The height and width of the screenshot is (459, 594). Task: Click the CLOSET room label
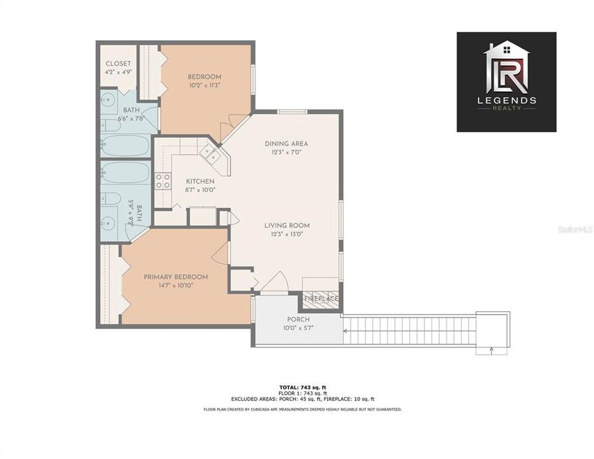click(118, 64)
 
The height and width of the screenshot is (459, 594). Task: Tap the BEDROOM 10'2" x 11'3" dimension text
click(205, 85)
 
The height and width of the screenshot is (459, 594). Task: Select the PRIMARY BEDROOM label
click(176, 277)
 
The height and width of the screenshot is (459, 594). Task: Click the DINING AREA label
click(286, 143)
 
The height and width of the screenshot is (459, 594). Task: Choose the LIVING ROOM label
click(287, 225)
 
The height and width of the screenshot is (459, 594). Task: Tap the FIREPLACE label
click(321, 298)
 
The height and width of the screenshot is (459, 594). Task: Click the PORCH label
click(298, 319)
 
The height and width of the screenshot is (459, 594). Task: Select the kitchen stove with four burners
click(163, 181)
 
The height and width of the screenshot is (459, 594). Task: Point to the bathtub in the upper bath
click(126, 145)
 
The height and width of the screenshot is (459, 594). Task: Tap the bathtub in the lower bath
click(126, 173)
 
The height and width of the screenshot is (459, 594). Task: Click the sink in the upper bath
click(108, 100)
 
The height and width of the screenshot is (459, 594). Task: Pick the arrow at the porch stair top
click(345, 331)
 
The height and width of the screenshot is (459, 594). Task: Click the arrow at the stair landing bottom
click(492, 349)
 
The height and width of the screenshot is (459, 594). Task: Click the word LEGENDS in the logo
click(506, 100)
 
